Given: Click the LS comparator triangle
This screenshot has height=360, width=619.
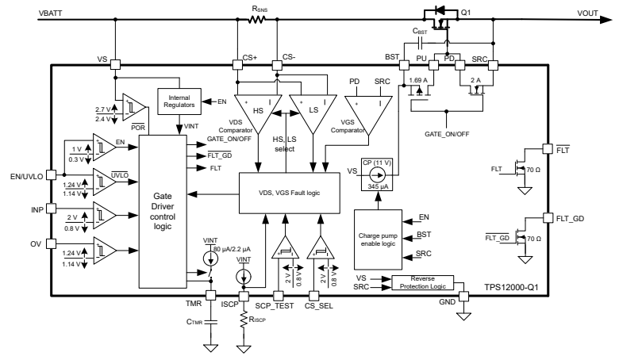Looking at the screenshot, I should [309, 110].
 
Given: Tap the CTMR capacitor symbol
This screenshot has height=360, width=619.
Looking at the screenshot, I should [211, 322].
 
